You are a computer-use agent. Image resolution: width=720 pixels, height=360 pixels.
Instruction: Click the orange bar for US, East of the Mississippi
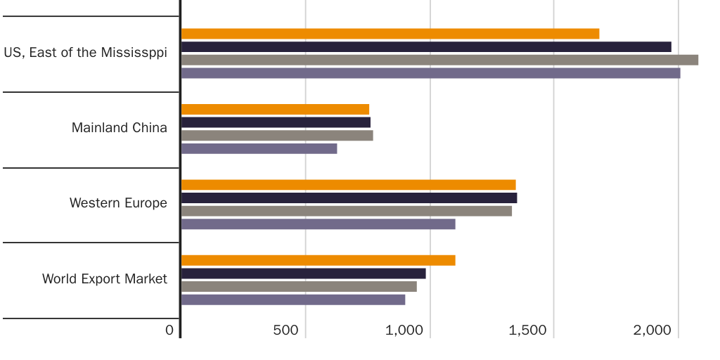click(x=390, y=34)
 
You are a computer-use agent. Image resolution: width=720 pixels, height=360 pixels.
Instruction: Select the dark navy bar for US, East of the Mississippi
click(x=426, y=47)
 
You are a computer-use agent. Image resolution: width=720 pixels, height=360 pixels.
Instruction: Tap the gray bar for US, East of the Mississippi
click(x=439, y=60)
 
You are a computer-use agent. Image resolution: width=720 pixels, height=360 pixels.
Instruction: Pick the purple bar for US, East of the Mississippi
click(x=430, y=73)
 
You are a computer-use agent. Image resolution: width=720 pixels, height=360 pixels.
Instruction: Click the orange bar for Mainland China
click(x=275, y=109)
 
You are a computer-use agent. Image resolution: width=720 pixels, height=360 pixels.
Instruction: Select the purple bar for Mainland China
click(x=259, y=148)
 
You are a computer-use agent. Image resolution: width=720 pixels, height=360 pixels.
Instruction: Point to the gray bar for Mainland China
click(x=277, y=135)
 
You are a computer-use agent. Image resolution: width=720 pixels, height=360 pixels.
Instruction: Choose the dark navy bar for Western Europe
click(x=349, y=198)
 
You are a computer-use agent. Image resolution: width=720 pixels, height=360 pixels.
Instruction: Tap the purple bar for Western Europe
click(x=318, y=224)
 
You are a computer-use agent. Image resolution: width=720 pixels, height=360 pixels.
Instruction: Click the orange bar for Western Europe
click(x=348, y=185)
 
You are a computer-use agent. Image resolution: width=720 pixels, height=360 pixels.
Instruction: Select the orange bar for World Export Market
click(x=318, y=260)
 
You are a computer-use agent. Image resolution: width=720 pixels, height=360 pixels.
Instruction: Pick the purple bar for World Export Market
click(x=293, y=300)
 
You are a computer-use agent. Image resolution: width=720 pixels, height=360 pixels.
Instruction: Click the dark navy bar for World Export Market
click(x=303, y=274)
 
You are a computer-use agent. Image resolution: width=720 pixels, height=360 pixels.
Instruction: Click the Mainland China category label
click(x=120, y=128)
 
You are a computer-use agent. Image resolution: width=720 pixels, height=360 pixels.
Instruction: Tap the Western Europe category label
click(x=118, y=203)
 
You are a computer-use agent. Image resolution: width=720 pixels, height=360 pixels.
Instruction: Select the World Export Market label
click(x=105, y=279)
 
